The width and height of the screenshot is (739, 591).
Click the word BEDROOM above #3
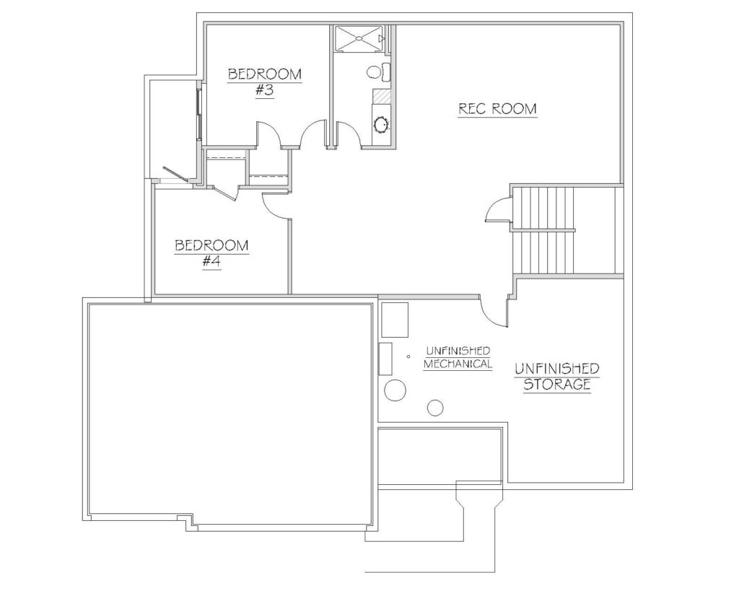pyautogui.click(x=265, y=74)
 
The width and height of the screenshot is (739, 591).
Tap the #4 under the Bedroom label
pyautogui.click(x=211, y=261)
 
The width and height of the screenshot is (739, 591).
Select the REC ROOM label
pyautogui.click(x=498, y=109)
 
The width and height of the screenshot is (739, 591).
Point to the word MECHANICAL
pyautogui.click(x=458, y=364)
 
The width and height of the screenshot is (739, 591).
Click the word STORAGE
pyautogui.click(x=557, y=384)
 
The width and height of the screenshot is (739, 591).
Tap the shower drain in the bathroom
pyautogui.click(x=359, y=38)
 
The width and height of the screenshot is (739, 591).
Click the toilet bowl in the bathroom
pyautogui.click(x=374, y=71)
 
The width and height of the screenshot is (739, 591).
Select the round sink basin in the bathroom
pyautogui.click(x=380, y=125)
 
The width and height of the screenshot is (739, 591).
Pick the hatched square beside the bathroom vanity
pyautogui.click(x=381, y=96)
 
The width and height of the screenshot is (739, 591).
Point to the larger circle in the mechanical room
pyautogui.click(x=395, y=390)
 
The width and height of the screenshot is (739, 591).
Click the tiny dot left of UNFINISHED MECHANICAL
pyautogui.click(x=408, y=356)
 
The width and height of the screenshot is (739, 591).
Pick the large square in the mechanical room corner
pyautogui.click(x=395, y=320)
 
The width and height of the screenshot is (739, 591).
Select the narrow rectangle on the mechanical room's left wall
pyautogui.click(x=385, y=359)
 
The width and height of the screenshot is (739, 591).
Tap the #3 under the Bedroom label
pyautogui.click(x=265, y=89)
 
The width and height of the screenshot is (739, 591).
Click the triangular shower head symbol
pyautogui.click(x=382, y=38)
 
